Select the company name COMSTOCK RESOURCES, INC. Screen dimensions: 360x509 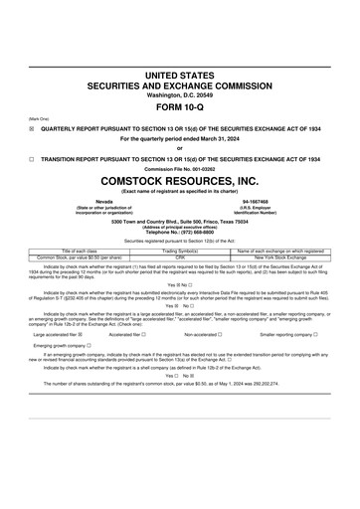[x=179, y=181]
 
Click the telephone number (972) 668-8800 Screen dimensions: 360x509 [x=180, y=232]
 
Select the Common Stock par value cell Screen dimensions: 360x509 [x=75, y=256]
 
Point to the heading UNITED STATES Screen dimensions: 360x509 [x=179, y=75]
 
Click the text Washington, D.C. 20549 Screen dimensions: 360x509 [x=179, y=95]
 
